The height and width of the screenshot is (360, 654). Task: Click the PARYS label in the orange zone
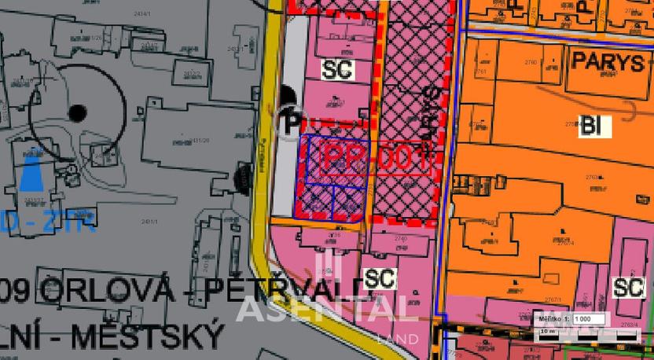pos(608,63)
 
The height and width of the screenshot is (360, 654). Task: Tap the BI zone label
pos(588,124)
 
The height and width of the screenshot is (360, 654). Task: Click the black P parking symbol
pos(289,122)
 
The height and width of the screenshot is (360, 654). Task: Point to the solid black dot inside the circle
pos(76,113)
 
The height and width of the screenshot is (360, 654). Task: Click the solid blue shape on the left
pos(32,171)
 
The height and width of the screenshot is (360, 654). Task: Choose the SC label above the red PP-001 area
pos(339,69)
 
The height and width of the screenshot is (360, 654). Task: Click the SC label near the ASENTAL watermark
pos(380,277)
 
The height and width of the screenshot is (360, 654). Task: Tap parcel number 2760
pos(531,61)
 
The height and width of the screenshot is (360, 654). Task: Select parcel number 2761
pos(480,72)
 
